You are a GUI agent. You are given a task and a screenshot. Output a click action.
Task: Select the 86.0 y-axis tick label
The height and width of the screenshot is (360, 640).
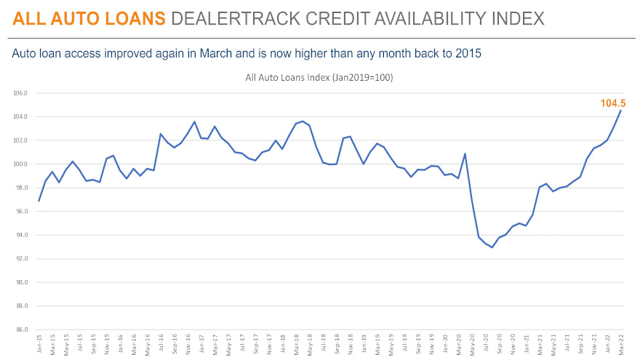tap(20, 329)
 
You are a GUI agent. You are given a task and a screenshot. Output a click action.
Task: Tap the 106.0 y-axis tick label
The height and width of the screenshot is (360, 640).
tap(20, 93)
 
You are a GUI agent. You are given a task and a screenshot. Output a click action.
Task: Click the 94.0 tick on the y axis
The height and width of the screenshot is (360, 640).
tap(20, 235)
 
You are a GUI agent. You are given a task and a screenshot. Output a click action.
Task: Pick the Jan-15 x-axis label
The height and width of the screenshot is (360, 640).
tap(39, 343)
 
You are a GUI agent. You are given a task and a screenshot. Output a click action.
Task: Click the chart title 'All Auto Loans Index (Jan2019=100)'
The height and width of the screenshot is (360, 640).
tap(321, 77)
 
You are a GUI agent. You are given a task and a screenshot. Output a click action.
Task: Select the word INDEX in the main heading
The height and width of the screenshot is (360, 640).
tap(512, 17)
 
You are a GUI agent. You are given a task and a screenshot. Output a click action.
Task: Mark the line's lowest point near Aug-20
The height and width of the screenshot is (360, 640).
tap(492, 247)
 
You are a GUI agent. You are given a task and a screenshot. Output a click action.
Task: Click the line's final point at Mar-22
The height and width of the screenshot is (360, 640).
tap(620, 111)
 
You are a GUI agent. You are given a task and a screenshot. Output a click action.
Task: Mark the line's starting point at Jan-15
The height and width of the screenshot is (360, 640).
tap(39, 200)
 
